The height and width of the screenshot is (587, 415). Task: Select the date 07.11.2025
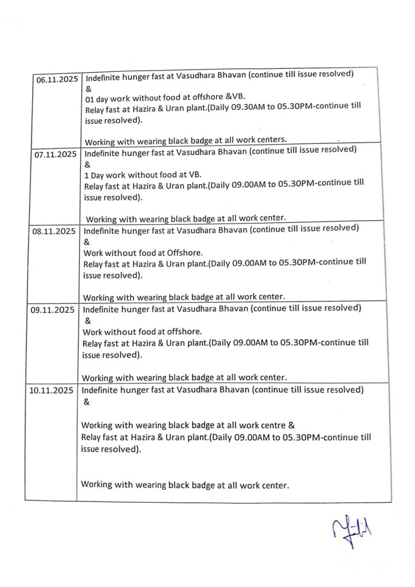click(x=55, y=155)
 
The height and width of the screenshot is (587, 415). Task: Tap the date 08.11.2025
click(x=54, y=232)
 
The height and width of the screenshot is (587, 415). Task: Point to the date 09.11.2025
click(x=52, y=310)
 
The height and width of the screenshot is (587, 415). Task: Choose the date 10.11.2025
click(x=50, y=391)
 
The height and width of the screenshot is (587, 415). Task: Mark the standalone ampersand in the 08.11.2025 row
click(x=87, y=242)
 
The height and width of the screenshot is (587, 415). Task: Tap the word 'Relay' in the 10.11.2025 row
click(x=91, y=437)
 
